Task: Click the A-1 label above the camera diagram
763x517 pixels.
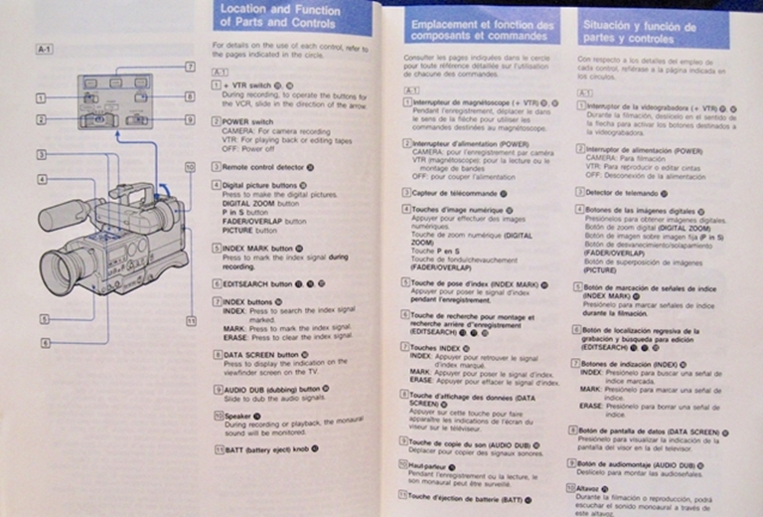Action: click(44, 48)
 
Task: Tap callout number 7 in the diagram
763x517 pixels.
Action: click(189, 67)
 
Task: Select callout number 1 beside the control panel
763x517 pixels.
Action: click(40, 97)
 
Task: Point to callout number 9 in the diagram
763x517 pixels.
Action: click(189, 119)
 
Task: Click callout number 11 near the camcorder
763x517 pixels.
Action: click(191, 321)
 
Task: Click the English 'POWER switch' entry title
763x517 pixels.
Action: click(249, 120)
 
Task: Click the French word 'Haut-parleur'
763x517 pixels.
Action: click(429, 466)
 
